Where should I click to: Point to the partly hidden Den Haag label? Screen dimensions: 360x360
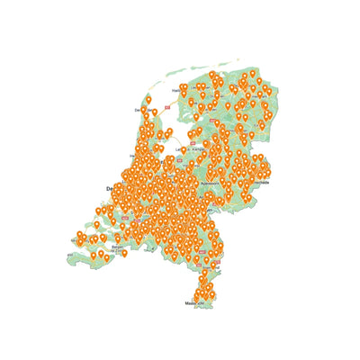(x=110, y=188)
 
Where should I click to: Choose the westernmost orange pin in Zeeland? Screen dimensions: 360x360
(x=79, y=237)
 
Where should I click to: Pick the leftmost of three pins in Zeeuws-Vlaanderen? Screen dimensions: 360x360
(x=94, y=256)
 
